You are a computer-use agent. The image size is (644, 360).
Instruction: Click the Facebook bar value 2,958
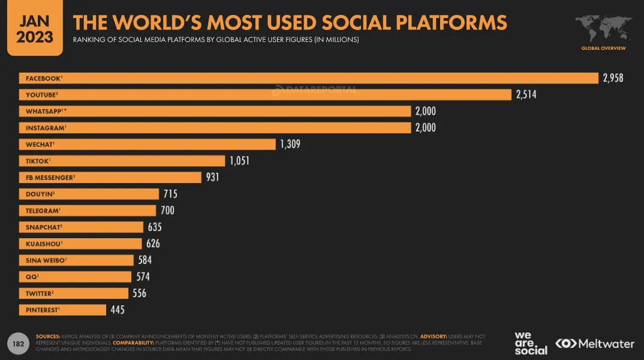coord(613,78)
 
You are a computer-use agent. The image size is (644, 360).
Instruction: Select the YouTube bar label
coord(41,95)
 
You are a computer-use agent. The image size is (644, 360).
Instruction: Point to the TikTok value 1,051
coord(239,161)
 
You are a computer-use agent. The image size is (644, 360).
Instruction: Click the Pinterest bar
coord(63,310)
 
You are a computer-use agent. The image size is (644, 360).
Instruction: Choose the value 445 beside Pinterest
coord(117,310)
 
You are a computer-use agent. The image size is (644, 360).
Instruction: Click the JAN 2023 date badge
coord(34,29)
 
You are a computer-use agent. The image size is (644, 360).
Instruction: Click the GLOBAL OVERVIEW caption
coord(603,48)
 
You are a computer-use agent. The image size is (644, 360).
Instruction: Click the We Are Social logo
coord(531,343)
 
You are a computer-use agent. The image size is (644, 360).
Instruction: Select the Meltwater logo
coord(595,344)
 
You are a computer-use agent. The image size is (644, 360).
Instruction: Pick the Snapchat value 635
coord(154,227)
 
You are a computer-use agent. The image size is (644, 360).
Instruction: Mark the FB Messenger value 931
coord(212,177)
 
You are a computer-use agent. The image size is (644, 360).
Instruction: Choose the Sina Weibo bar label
coord(46,260)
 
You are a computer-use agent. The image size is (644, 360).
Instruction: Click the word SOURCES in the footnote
coord(48,337)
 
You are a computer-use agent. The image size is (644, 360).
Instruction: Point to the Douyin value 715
coord(170,194)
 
